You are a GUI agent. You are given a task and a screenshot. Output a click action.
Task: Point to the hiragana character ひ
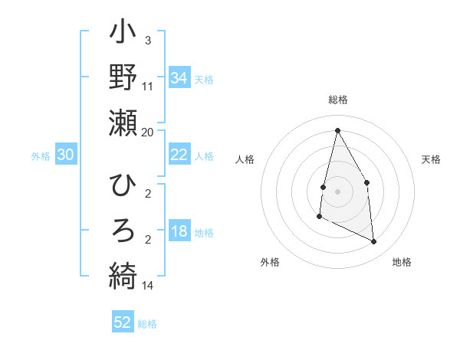tap(123, 187)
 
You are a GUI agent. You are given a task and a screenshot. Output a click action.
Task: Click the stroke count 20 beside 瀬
tap(148, 133)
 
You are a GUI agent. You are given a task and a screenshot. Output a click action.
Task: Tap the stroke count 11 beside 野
tap(148, 87)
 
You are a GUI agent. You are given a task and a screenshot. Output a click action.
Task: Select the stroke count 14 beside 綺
tap(148, 286)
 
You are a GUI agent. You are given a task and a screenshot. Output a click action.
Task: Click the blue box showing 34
tap(179, 77)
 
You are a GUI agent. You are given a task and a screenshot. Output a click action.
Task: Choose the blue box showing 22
tap(179, 155)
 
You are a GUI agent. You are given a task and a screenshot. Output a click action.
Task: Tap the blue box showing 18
tap(179, 232)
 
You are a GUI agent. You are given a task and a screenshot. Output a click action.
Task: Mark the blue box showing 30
tap(66, 155)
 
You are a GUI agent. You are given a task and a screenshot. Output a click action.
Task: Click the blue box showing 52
tap(123, 322)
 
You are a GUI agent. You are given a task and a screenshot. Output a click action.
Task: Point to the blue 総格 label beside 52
tap(148, 324)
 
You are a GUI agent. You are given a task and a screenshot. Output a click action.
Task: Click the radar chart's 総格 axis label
tap(337, 100)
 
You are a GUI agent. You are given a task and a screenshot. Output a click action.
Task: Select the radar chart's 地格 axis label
tap(402, 262)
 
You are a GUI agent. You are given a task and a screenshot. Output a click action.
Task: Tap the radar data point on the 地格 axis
tap(374, 242)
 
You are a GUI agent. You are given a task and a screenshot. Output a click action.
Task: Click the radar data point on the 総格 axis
tap(337, 130)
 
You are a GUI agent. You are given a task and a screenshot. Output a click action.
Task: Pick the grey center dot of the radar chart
tap(337, 191)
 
